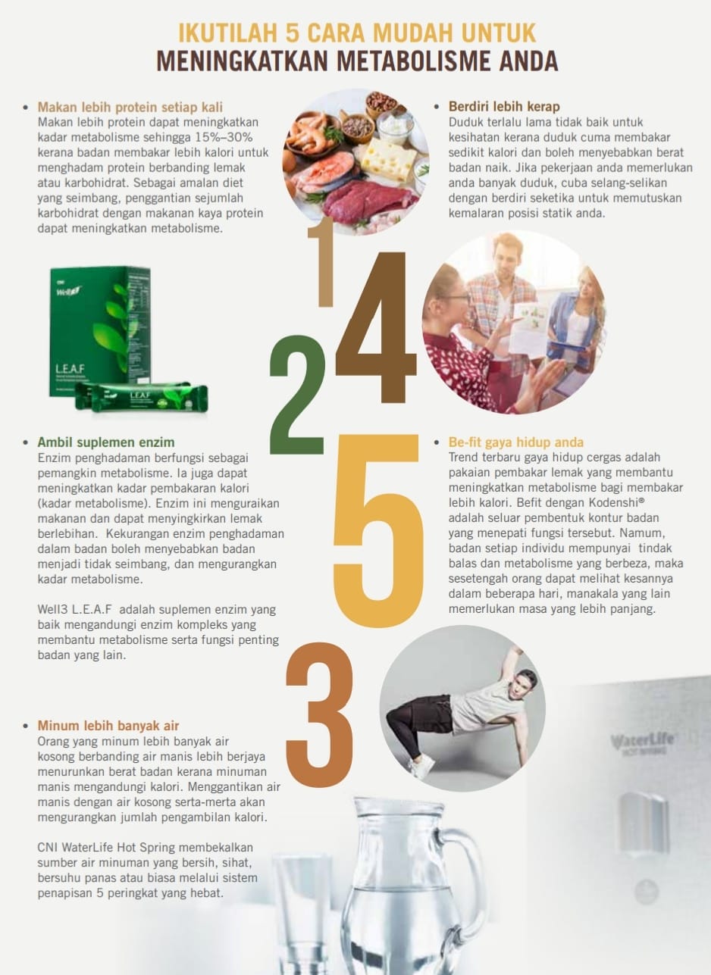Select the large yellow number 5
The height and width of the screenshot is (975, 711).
coord(378,531)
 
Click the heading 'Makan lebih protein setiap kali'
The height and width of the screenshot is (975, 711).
coord(130,107)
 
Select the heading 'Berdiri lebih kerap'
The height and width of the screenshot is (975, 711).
coord(504,107)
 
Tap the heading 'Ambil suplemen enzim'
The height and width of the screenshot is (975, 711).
coord(106,442)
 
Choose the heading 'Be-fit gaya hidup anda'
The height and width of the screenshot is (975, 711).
coord(516,442)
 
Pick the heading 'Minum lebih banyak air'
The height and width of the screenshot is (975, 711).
coord(108,726)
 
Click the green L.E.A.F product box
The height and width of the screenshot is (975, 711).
coord(100,331)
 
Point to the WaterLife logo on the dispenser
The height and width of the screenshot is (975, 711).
coord(642,739)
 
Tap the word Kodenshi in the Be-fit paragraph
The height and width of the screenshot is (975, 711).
coord(616,503)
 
